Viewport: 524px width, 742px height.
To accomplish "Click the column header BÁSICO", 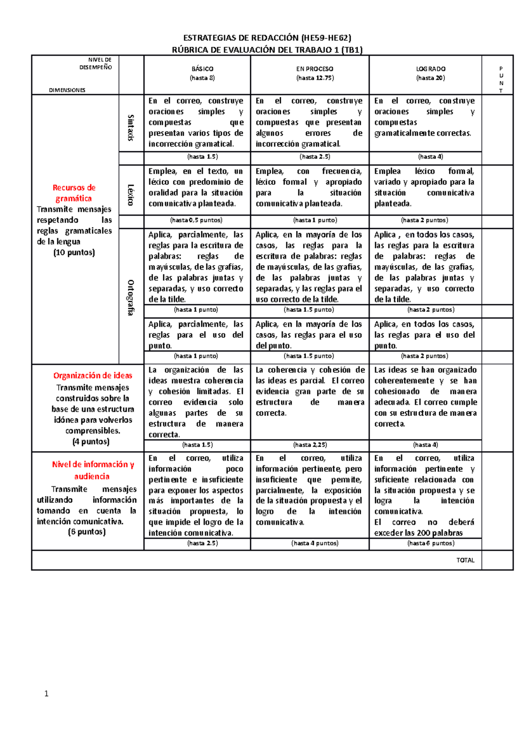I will (202, 69).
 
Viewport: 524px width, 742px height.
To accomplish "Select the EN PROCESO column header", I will (314, 69).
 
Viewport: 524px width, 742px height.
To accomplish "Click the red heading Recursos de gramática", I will (74, 193).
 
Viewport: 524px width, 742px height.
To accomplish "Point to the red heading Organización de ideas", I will (93, 375).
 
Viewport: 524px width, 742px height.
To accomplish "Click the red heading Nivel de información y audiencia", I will (93, 470).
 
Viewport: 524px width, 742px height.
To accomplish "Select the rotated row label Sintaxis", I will (131, 128).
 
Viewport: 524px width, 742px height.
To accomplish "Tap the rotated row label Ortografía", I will (131, 297).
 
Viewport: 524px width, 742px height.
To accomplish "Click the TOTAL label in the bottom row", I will (465, 560).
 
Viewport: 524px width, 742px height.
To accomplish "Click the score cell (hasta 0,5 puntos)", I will (196, 220).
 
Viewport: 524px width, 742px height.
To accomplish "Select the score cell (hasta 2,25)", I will (310, 445).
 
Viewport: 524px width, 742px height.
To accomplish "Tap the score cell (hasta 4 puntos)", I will (315, 543).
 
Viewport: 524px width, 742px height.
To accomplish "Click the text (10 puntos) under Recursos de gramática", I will (74, 253).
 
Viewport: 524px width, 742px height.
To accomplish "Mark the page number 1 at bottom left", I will (46, 693).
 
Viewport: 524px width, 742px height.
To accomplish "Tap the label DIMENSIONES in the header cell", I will (67, 90).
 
